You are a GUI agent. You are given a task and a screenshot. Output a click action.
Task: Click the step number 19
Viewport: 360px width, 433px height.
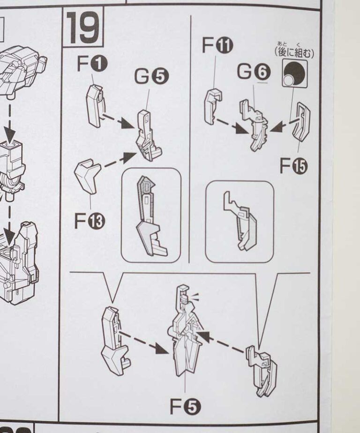pyautogui.click(x=83, y=28)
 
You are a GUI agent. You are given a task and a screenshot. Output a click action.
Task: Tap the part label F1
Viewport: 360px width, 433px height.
pyautogui.click(x=92, y=64)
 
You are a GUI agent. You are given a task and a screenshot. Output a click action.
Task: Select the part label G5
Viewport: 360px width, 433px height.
pyautogui.click(x=151, y=77)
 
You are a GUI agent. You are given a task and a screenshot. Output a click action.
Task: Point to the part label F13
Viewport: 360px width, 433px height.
pyautogui.click(x=90, y=221)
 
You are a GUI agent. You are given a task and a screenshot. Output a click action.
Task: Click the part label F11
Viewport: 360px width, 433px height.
pyautogui.click(x=217, y=45)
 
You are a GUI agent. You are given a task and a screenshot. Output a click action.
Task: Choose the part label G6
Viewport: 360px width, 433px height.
pyautogui.click(x=254, y=72)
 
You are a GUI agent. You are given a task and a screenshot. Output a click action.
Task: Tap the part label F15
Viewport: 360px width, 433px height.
pyautogui.click(x=293, y=166)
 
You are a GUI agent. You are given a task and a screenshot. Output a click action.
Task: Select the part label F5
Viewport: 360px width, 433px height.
pyautogui.click(x=186, y=407)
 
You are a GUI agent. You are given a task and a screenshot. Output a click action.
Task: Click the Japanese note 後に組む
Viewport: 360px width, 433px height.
pyautogui.click(x=294, y=52)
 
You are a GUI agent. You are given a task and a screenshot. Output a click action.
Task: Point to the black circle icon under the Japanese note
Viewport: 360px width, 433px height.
pyautogui.click(x=295, y=73)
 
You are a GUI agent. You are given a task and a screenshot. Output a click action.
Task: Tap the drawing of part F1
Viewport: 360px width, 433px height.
pyautogui.click(x=96, y=106)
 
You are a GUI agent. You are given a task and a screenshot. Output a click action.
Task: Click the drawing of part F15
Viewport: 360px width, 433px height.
pyautogui.click(x=302, y=122)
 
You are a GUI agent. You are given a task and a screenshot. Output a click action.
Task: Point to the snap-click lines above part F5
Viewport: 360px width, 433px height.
pyautogui.click(x=194, y=298)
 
